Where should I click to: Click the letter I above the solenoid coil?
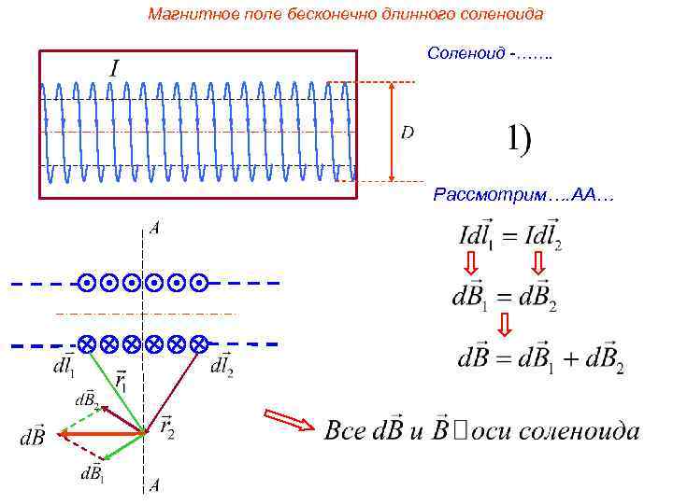coord(115,67)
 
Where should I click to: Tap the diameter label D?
coord(408,133)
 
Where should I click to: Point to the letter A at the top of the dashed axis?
coord(153,228)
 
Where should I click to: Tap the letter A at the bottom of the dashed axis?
coord(153,484)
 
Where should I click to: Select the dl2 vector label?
coord(222,367)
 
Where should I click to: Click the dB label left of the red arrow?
coord(34,436)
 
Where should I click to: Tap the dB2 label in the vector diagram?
coord(86,399)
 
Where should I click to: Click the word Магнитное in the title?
coord(182,14)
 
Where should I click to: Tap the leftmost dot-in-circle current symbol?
coord(86,282)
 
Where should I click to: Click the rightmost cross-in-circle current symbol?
coord(198,343)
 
